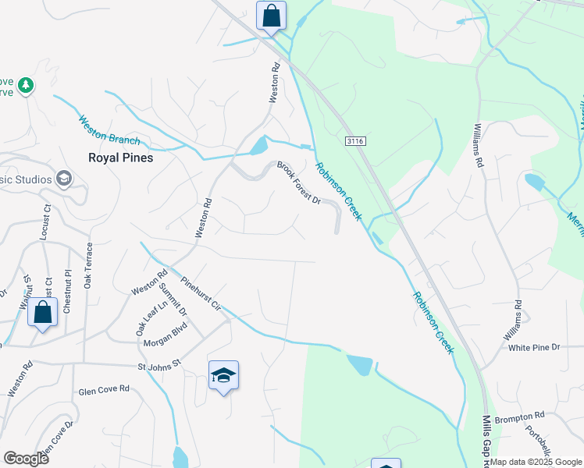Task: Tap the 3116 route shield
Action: (355, 141)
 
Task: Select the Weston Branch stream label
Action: (109, 130)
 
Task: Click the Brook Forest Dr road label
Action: (299, 183)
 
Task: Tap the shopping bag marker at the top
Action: (271, 16)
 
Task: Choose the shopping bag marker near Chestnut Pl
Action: (42, 314)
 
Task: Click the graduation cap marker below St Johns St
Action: (223, 376)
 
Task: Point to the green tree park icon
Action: (26, 84)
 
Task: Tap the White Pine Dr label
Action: (534, 346)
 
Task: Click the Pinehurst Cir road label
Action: (201, 293)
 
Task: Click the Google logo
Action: (26, 458)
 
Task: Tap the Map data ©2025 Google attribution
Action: (536, 462)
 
